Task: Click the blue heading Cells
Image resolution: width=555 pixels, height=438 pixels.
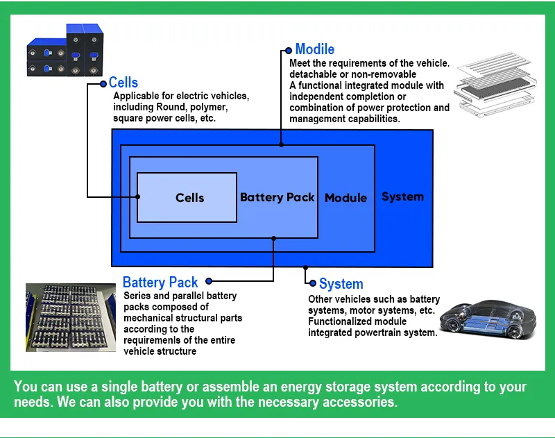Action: [123, 83]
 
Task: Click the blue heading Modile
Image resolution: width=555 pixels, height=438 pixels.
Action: [314, 49]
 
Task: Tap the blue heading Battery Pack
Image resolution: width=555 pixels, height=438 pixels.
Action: [160, 283]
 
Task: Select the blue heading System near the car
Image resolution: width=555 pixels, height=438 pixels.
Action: [341, 284]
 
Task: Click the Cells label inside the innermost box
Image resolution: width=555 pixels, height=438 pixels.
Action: [189, 198]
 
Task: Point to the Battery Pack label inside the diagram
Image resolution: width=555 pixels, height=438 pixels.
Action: [277, 197]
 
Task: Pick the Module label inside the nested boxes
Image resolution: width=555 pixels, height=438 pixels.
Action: [345, 198]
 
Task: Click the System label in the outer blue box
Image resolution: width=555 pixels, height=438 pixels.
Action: [402, 196]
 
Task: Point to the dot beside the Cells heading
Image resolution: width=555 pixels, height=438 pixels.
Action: [104, 83]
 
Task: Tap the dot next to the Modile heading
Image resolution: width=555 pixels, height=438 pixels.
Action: [289, 50]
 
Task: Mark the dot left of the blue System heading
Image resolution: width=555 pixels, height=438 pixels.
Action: [314, 283]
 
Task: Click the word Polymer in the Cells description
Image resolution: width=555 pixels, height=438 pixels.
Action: [208, 108]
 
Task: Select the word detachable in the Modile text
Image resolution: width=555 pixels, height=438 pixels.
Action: [314, 74]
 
